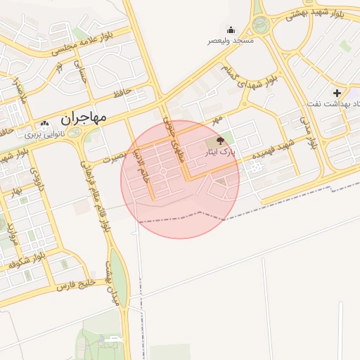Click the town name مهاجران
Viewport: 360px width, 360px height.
click(x=84, y=117)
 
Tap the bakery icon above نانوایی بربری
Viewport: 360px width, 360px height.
click(x=46, y=124)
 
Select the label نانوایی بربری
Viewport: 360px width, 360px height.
click(x=44, y=134)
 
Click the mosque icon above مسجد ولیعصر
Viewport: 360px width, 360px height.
click(x=231, y=30)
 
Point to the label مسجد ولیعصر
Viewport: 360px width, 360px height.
click(x=230, y=41)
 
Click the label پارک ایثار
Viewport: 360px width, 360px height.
click(x=220, y=151)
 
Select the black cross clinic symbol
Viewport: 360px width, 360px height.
click(x=337, y=92)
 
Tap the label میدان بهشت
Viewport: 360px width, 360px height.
click(x=110, y=286)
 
